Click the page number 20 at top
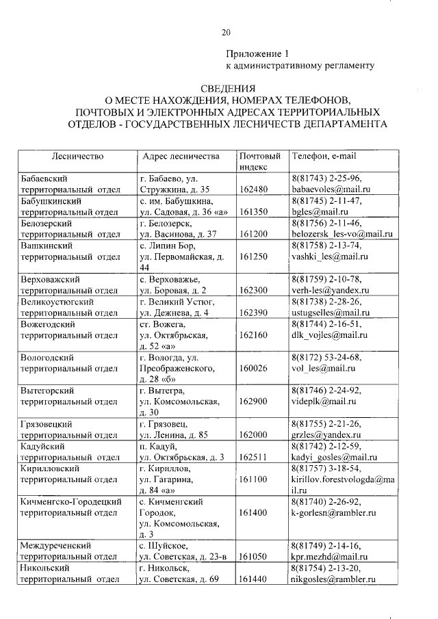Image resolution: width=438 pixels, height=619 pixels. [227, 31]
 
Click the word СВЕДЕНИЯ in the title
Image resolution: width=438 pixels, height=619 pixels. [227, 89]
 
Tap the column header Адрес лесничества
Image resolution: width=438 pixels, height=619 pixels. [180, 157]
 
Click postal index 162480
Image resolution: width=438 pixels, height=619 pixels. [255, 188]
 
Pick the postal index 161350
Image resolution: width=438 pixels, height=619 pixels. [255, 211]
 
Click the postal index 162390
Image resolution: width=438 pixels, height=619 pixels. [255, 313]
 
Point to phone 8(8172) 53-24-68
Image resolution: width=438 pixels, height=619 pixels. [326, 357]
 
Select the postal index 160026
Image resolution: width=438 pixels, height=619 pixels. [255, 369]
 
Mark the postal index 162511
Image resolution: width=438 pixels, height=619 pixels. [255, 458]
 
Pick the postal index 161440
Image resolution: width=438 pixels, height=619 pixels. [255, 580]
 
